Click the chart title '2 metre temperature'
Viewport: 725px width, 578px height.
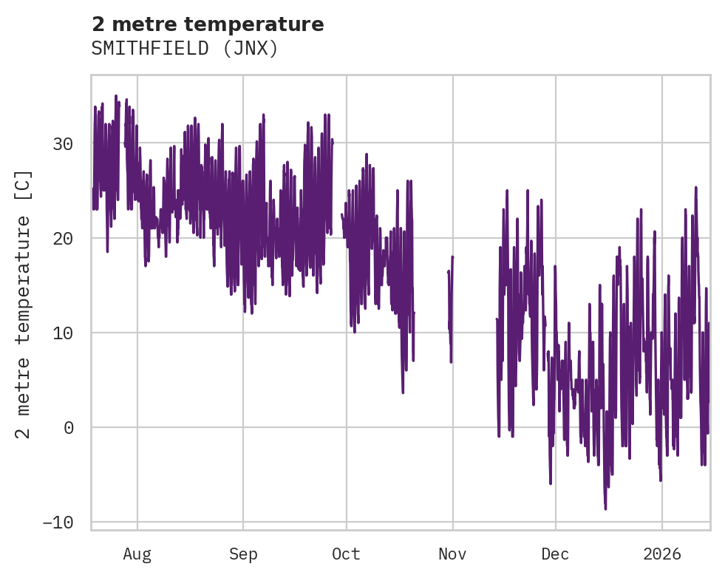point(208,24)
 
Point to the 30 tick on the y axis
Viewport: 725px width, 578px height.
point(63,143)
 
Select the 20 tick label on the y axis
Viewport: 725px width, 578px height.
point(63,238)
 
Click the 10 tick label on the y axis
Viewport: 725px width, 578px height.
point(63,333)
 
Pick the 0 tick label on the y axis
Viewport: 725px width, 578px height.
point(69,427)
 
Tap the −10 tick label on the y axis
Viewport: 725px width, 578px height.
point(58,522)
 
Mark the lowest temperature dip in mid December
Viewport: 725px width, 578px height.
point(605,509)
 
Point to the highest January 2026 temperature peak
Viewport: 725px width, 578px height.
point(695,188)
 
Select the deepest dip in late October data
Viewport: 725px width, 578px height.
point(403,392)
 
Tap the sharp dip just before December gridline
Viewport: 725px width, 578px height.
point(551,483)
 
